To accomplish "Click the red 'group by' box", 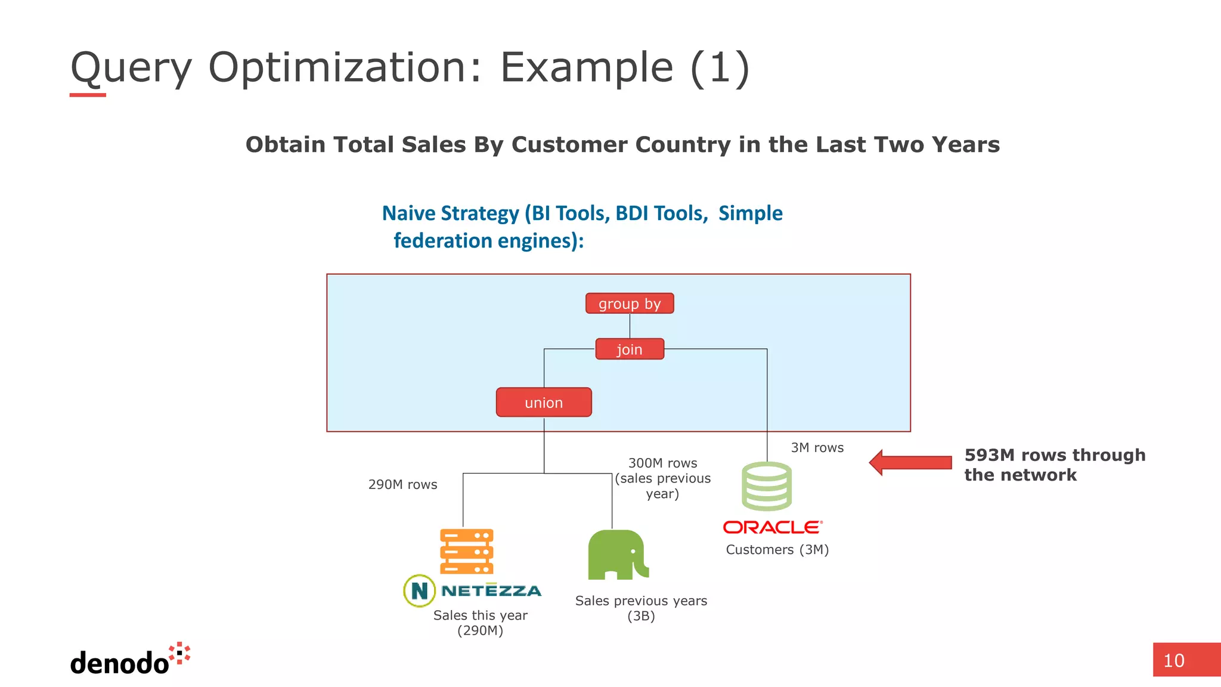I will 630,304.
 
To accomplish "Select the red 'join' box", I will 630,349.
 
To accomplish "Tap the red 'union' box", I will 544,403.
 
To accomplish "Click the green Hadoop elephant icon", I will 618,555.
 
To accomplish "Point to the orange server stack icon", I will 466,551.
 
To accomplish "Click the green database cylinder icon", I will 767,487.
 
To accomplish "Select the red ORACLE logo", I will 773,527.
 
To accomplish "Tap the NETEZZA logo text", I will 491,591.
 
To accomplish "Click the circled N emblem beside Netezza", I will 419,591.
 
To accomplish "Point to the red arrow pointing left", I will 910,463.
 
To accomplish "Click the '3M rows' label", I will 817,448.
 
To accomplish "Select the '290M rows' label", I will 402,485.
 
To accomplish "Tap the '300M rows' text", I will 662,463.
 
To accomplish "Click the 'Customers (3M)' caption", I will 777,550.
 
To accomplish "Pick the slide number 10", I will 1174,661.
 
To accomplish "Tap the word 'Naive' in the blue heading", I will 408,213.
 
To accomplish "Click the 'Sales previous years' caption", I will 641,601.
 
